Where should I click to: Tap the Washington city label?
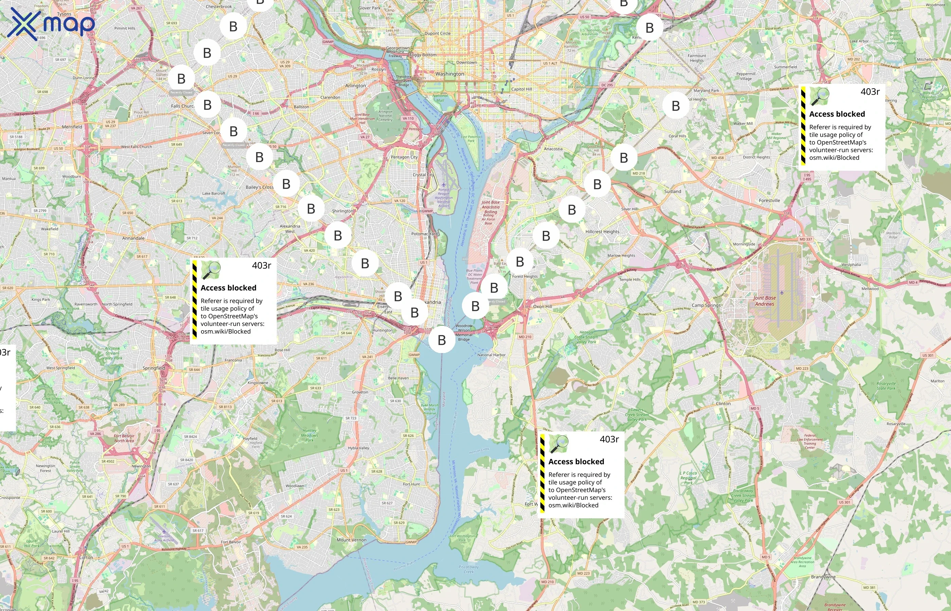(x=449, y=74)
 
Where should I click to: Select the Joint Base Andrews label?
(x=764, y=301)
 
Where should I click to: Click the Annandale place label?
(x=133, y=238)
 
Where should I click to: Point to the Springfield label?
(x=154, y=368)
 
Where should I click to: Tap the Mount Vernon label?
(x=351, y=540)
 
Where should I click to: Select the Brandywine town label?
(x=823, y=576)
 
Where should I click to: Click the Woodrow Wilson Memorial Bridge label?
(x=464, y=332)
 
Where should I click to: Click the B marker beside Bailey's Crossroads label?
(x=286, y=184)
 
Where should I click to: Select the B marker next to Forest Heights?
(x=520, y=261)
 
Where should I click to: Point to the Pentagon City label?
(x=404, y=157)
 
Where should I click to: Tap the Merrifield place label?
(x=72, y=127)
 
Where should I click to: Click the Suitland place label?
(x=672, y=191)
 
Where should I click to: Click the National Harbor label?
(x=491, y=355)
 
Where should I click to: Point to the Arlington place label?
(x=355, y=85)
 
